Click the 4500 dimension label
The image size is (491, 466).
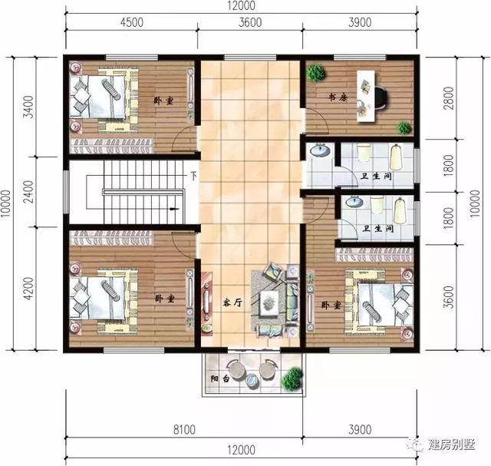point(131,23)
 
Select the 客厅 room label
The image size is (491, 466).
point(232,302)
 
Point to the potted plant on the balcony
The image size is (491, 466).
point(292,378)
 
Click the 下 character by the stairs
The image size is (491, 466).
point(194,176)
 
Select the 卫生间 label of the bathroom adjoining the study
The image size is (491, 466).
point(377,177)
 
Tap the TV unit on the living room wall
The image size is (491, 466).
point(206,300)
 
